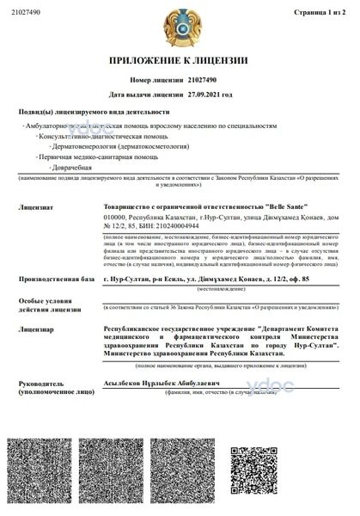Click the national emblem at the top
click(x=179, y=27)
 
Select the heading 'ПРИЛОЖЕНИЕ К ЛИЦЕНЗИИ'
click(x=179, y=61)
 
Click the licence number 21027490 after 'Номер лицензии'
click(x=204, y=79)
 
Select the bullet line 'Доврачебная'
click(x=71, y=167)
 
